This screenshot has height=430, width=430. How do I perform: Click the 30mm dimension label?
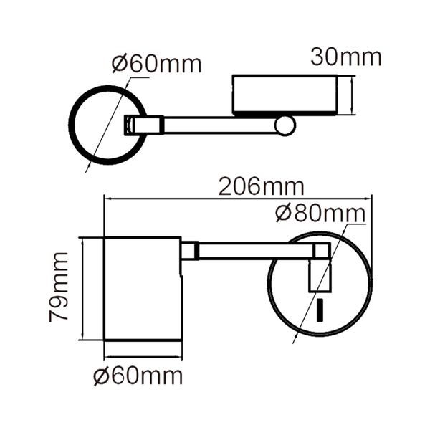[x=345, y=56]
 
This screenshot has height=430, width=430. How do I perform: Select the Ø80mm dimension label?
[x=319, y=214]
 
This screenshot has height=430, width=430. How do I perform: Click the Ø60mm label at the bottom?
[x=138, y=376]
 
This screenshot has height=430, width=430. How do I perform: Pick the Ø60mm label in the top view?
[x=156, y=64]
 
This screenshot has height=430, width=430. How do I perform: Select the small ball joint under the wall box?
[x=286, y=126]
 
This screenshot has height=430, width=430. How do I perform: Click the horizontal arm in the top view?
[x=215, y=125]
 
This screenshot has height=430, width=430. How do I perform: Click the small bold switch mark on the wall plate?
[x=320, y=312]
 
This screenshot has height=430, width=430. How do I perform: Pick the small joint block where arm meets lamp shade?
[x=189, y=252]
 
